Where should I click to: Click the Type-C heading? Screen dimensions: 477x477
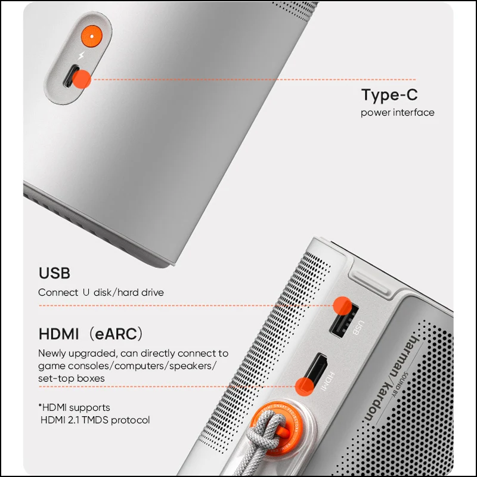pyautogui.click(x=389, y=95)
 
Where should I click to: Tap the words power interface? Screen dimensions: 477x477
pyautogui.click(x=397, y=113)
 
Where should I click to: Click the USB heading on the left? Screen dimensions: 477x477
pyautogui.click(x=54, y=273)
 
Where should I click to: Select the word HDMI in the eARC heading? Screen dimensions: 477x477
pyautogui.click(x=58, y=334)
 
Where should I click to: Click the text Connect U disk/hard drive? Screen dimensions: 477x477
pyautogui.click(x=101, y=292)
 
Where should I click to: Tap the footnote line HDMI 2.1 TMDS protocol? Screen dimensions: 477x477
pyautogui.click(x=95, y=420)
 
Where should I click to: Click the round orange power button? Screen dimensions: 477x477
pyautogui.click(x=92, y=36)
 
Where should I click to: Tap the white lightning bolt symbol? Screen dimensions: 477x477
pyautogui.click(x=82, y=55)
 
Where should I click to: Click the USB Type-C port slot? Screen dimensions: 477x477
pyautogui.click(x=72, y=76)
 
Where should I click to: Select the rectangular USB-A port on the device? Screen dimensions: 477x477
pyautogui.click(x=344, y=321)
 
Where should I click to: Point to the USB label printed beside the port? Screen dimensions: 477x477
pyautogui.click(x=358, y=327)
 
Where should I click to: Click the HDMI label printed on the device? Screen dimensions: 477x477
pyautogui.click(x=327, y=382)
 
